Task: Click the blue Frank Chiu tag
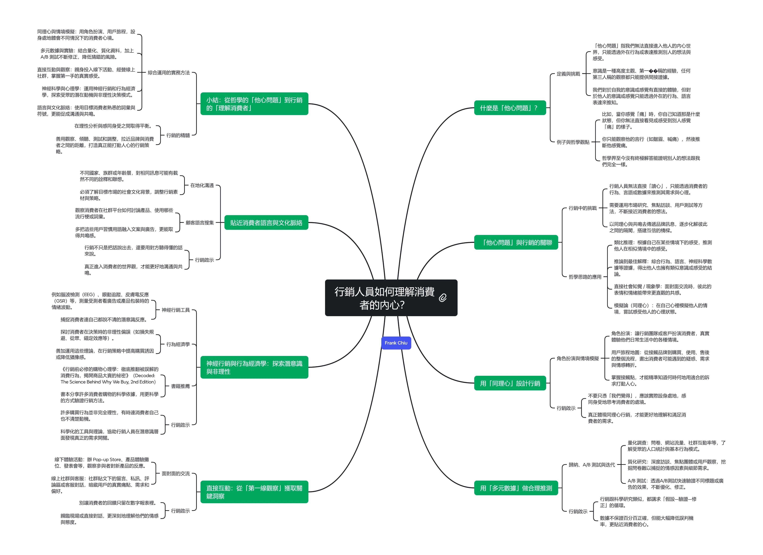coord(396,343)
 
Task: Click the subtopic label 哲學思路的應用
coord(585,277)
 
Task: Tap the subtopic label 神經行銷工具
coord(176,310)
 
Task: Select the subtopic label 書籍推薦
coord(180,386)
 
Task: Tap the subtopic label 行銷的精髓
coord(178,135)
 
